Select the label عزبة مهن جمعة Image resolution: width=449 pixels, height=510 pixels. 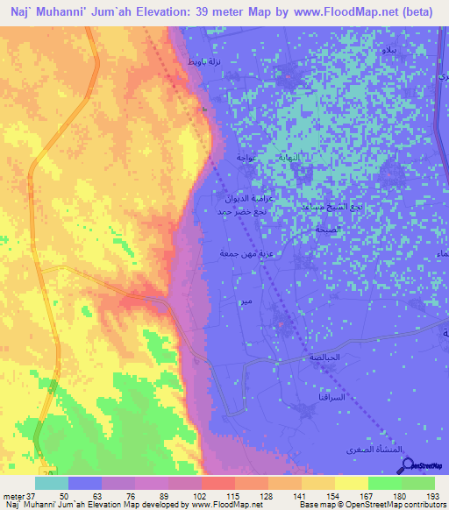click(x=237, y=253)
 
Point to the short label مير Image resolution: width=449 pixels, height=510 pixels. click(x=253, y=303)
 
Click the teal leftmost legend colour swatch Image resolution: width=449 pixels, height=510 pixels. click(x=52, y=483)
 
